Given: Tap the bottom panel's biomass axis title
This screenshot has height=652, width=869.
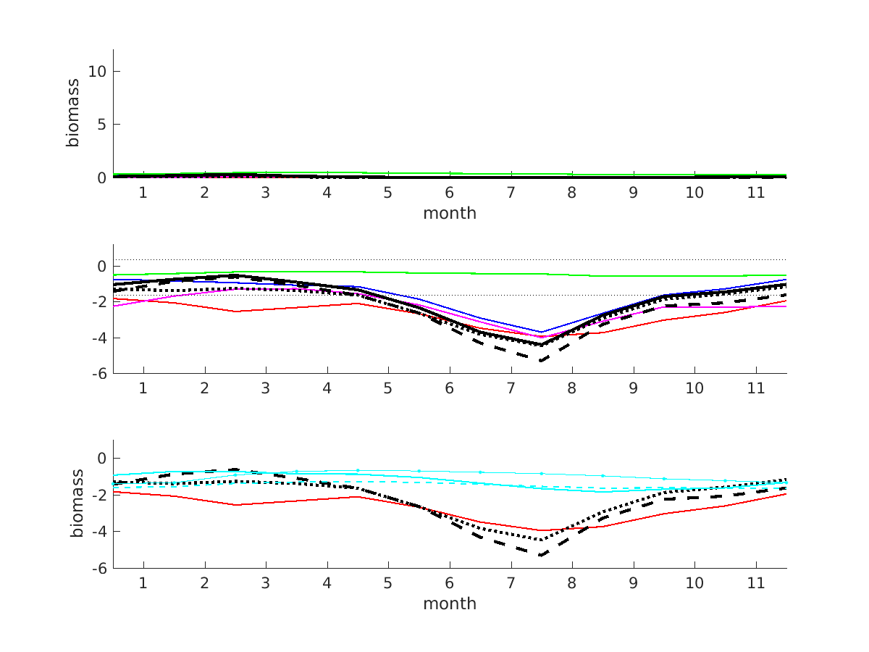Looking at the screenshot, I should pos(76,504).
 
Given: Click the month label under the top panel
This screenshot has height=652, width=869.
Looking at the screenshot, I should pos(450,213).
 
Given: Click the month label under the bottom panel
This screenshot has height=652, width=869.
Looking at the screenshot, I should pos(450,603).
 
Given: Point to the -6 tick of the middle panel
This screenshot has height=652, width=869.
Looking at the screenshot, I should pos(101,373).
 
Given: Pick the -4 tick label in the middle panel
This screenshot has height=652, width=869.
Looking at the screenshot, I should pos(101,338).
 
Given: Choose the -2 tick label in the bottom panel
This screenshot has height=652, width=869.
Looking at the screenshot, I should pos(101,495).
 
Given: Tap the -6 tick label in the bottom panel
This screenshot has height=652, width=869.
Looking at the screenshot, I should pos(101,568).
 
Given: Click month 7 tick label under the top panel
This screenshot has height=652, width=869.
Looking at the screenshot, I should pos(511,193).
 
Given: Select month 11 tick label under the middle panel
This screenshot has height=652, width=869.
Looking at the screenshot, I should pos(756,388).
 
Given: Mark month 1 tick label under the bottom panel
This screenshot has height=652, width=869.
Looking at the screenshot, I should pos(143,583).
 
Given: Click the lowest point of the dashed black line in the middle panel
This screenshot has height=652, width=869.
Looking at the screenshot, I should pos(540,360).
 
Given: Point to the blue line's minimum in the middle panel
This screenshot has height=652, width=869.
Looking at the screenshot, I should pos(540,332).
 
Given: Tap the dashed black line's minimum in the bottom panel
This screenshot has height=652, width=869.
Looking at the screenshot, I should pos(540,555).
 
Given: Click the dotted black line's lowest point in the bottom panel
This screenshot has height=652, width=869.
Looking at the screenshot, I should pos(540,540).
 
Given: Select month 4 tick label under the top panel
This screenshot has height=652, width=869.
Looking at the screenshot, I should pos(327,193).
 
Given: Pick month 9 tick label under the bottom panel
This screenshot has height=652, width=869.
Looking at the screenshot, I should pos(634,583).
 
